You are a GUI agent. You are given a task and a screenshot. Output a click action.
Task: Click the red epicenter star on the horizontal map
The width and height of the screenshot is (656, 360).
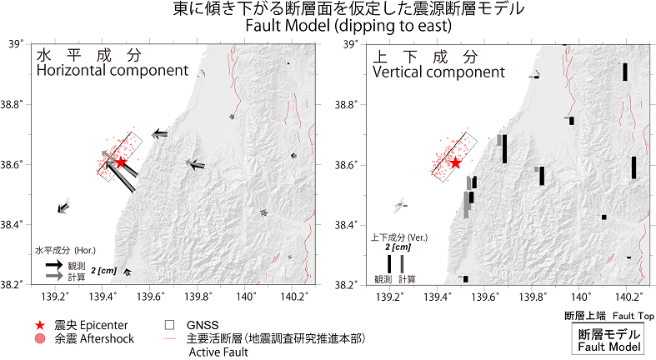coord(121,162)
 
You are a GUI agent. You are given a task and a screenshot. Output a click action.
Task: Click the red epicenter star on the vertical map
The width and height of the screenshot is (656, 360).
coord(456,163)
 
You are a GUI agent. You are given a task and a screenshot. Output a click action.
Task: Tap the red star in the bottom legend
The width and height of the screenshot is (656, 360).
coord(40,325)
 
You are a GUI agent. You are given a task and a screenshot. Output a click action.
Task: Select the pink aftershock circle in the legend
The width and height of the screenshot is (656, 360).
coord(40,338)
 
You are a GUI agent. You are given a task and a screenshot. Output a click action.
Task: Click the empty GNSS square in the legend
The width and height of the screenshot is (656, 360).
coord(169,325)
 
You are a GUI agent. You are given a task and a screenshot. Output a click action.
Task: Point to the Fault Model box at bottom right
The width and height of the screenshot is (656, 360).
coord(608,340)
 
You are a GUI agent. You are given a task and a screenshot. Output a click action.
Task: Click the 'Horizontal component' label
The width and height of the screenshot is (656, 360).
coord(113,70)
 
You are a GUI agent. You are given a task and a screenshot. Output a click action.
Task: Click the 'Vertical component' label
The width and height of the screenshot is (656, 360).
coord(439,72)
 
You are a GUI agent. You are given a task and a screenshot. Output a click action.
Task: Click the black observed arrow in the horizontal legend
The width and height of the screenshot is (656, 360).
coord(54,265)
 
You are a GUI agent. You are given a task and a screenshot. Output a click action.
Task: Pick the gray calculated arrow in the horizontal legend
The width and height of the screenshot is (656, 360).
coord(54,276)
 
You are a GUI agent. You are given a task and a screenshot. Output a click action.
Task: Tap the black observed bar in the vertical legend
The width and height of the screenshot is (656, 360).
coord(389,264)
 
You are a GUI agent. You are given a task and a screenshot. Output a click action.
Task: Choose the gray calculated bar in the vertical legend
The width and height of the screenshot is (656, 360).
coord(402,264)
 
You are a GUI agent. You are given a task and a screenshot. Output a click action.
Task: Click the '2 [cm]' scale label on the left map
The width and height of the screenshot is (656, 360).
coord(103,271)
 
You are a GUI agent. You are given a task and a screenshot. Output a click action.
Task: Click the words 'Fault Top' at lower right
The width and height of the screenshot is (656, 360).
coord(633,316)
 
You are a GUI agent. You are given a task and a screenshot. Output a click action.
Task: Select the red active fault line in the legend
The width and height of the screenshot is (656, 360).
coord(170,338)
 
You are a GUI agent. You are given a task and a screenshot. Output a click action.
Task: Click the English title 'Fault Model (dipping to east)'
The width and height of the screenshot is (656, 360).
coord(348,26)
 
